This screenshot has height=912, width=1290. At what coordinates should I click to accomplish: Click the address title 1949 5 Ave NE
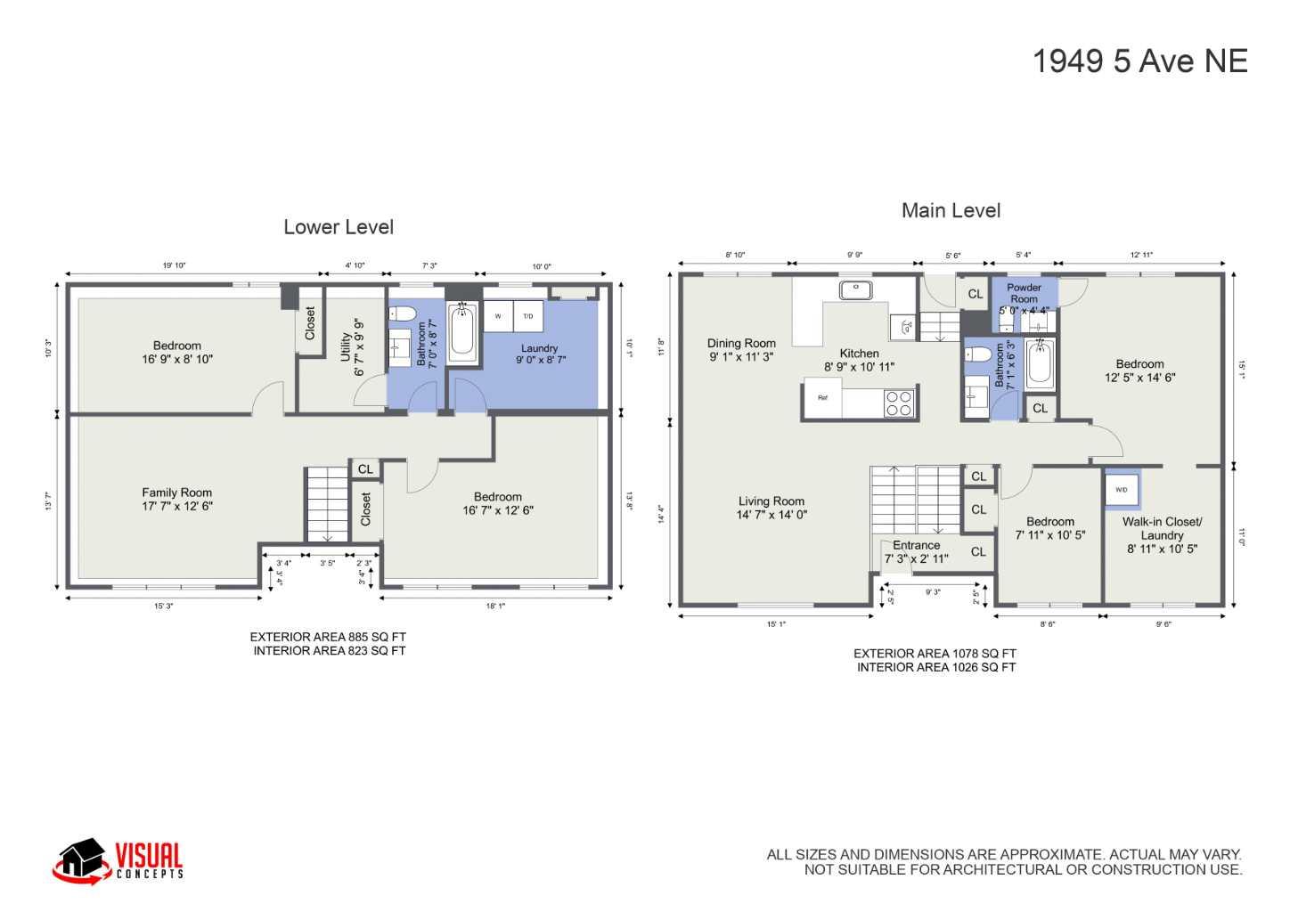pyautogui.click(x=1139, y=61)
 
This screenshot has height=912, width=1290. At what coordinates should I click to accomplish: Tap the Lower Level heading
pyautogui.click(x=339, y=227)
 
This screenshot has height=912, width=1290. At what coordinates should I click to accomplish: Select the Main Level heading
pyautogui.click(x=951, y=211)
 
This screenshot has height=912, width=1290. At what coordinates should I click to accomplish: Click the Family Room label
pyautogui.click(x=177, y=499)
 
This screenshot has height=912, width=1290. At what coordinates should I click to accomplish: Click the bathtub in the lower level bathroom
pyautogui.click(x=462, y=333)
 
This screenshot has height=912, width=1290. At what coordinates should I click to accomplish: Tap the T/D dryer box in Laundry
pyautogui.click(x=527, y=316)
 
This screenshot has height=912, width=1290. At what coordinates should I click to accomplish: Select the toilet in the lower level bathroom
pyautogui.click(x=403, y=313)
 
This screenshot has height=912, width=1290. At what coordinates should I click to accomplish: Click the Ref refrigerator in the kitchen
pyautogui.click(x=822, y=398)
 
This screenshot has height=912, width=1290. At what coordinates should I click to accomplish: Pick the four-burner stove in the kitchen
pyautogui.click(x=899, y=403)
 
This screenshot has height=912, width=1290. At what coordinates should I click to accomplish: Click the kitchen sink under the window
pyautogui.click(x=855, y=289)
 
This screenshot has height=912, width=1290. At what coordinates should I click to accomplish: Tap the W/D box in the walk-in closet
pyautogui.click(x=1121, y=490)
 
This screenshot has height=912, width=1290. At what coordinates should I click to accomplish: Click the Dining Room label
pyautogui.click(x=741, y=350)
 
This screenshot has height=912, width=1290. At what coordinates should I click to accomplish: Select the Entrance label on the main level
pyautogui.click(x=916, y=551)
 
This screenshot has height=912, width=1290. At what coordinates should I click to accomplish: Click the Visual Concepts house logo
pyautogui.click(x=81, y=861)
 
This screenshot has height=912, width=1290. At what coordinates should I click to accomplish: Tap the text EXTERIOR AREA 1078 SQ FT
pyautogui.click(x=935, y=654)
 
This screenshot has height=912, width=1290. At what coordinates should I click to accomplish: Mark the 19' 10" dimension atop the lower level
pyautogui.click(x=174, y=265)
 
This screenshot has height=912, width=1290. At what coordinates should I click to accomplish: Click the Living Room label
pyautogui.click(x=772, y=508)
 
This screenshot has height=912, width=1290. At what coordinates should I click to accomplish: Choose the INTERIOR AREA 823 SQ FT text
pyautogui.click(x=329, y=651)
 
